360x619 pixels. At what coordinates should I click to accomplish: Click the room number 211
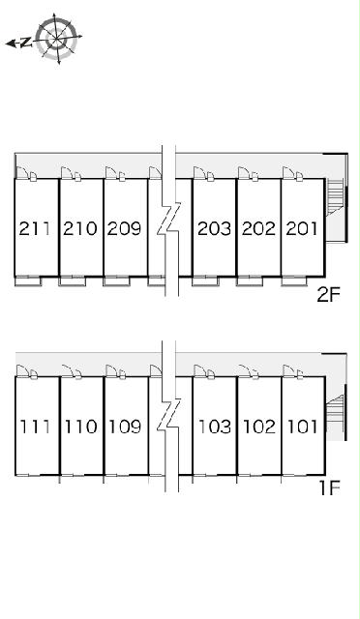pyautogui.click(x=35, y=228)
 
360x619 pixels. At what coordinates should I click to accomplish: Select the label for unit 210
pyautogui.click(x=79, y=228)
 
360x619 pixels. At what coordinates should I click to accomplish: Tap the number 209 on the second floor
pyautogui.click(x=124, y=228)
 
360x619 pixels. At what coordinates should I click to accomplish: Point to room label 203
pyautogui.click(x=214, y=228)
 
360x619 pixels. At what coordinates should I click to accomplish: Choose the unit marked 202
pyautogui.click(x=258, y=228)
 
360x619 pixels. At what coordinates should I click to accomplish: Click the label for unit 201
pyautogui.click(x=302, y=228)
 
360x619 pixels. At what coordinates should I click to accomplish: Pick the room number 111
pyautogui.click(x=35, y=427)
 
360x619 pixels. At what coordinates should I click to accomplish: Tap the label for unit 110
pyautogui.click(x=80, y=427)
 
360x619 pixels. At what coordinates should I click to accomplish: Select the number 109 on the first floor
pyautogui.click(x=125, y=427)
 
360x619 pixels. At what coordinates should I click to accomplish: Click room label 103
pyautogui.click(x=215, y=427)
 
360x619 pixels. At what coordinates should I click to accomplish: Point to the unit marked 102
pyautogui.click(x=259, y=427)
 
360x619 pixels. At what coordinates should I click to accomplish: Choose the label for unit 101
pyautogui.click(x=303, y=427)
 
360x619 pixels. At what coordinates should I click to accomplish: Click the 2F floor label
pyautogui.click(x=329, y=294)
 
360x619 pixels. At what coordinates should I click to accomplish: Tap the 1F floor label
pyautogui.click(x=330, y=488)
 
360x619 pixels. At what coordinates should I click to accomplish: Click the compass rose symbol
pyautogui.click(x=56, y=38)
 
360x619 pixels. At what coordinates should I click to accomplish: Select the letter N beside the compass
pyautogui.click(x=26, y=43)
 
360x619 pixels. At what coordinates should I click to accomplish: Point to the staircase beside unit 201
pyautogui.click(x=335, y=197)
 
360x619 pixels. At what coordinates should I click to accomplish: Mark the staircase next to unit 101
pyautogui.click(x=335, y=409)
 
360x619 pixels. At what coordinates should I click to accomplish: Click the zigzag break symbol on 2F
pyautogui.click(x=169, y=219)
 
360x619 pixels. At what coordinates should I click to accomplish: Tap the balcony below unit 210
pyautogui.click(x=72, y=281)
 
